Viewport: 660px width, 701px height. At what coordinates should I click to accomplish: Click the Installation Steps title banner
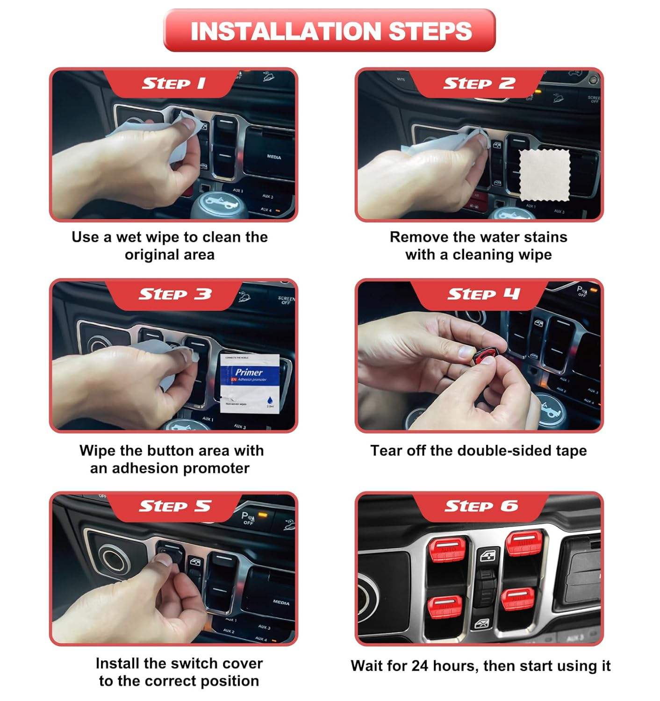tap(330, 31)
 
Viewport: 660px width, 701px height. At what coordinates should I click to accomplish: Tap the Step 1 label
tap(173, 84)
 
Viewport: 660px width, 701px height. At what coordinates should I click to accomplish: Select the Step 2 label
tap(479, 84)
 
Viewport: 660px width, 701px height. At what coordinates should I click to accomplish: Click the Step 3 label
tap(175, 294)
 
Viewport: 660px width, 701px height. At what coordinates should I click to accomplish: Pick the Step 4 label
tap(483, 294)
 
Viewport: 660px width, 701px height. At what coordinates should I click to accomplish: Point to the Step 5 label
tap(175, 506)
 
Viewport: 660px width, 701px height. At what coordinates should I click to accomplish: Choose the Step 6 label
tap(481, 506)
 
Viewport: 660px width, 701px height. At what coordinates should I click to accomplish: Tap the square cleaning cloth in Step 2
tap(545, 175)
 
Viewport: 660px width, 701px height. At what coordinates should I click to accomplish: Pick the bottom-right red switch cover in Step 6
tap(518, 599)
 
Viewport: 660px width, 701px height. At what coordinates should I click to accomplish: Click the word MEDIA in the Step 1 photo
tap(274, 157)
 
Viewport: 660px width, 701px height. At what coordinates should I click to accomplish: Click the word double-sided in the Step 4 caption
tap(504, 451)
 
